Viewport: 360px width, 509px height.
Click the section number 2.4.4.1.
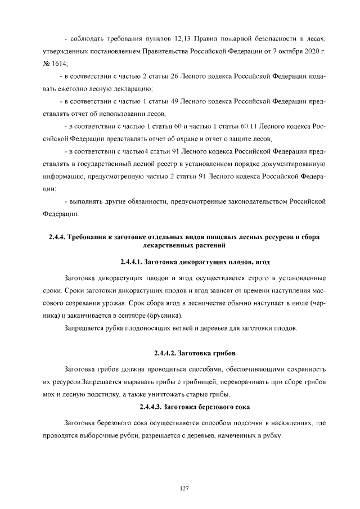pos(132,262)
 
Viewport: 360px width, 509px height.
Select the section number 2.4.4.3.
pos(153,407)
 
